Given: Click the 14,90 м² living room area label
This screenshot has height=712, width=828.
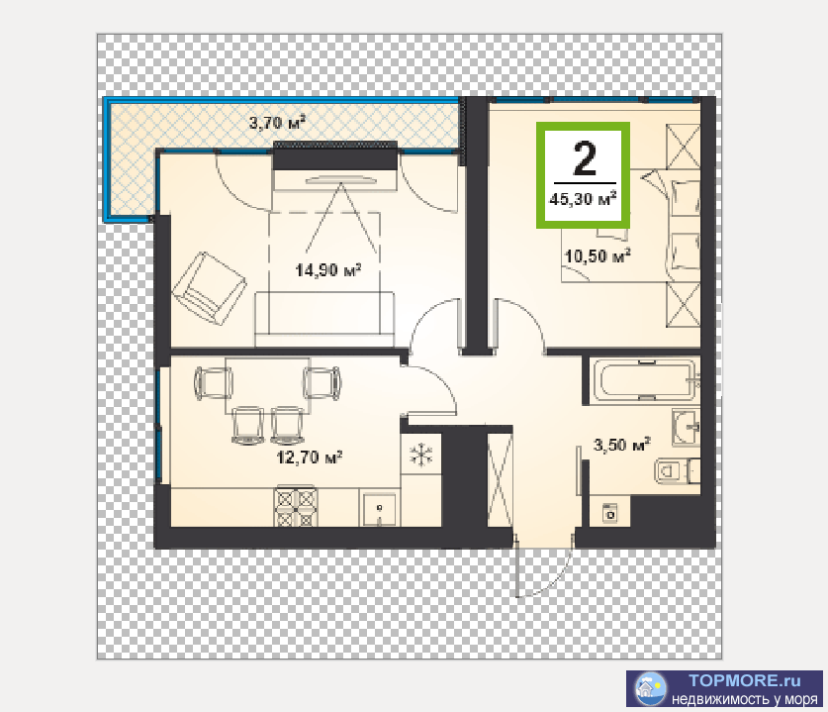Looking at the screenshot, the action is pyautogui.click(x=327, y=270).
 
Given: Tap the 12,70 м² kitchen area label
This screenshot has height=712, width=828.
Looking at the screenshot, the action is pyautogui.click(x=310, y=457).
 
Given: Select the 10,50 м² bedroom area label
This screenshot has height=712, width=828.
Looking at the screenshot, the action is pyautogui.click(x=598, y=255).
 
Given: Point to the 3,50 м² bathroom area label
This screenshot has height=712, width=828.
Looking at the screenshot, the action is pyautogui.click(x=621, y=445).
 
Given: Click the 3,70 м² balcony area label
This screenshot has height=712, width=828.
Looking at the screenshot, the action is pyautogui.click(x=277, y=123).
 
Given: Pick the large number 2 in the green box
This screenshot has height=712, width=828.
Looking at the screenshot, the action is pyautogui.click(x=584, y=158).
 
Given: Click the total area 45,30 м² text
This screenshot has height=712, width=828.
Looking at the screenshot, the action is pyautogui.click(x=583, y=199).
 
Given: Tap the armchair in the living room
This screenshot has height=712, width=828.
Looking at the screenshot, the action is pyautogui.click(x=209, y=288).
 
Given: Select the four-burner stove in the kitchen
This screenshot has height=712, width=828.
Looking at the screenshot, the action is pyautogui.click(x=296, y=507).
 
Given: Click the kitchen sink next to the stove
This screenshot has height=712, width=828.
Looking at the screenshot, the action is pyautogui.click(x=379, y=508).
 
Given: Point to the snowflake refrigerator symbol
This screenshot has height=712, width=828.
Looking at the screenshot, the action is pyautogui.click(x=421, y=455).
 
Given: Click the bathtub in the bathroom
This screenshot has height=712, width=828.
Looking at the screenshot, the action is pyautogui.click(x=645, y=380).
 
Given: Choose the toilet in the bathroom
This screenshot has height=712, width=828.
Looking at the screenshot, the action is pyautogui.click(x=677, y=470).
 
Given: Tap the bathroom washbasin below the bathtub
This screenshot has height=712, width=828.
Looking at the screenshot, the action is pyautogui.click(x=686, y=426).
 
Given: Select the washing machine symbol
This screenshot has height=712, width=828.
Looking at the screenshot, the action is pyautogui.click(x=610, y=513).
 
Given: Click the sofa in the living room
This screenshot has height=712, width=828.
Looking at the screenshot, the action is pyautogui.click(x=324, y=319).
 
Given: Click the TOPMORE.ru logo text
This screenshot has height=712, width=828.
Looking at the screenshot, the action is pyautogui.click(x=745, y=680).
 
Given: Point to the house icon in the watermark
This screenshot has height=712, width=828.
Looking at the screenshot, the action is pyautogui.click(x=649, y=689).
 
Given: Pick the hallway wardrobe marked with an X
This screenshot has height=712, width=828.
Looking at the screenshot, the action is pyautogui.click(x=500, y=480).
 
